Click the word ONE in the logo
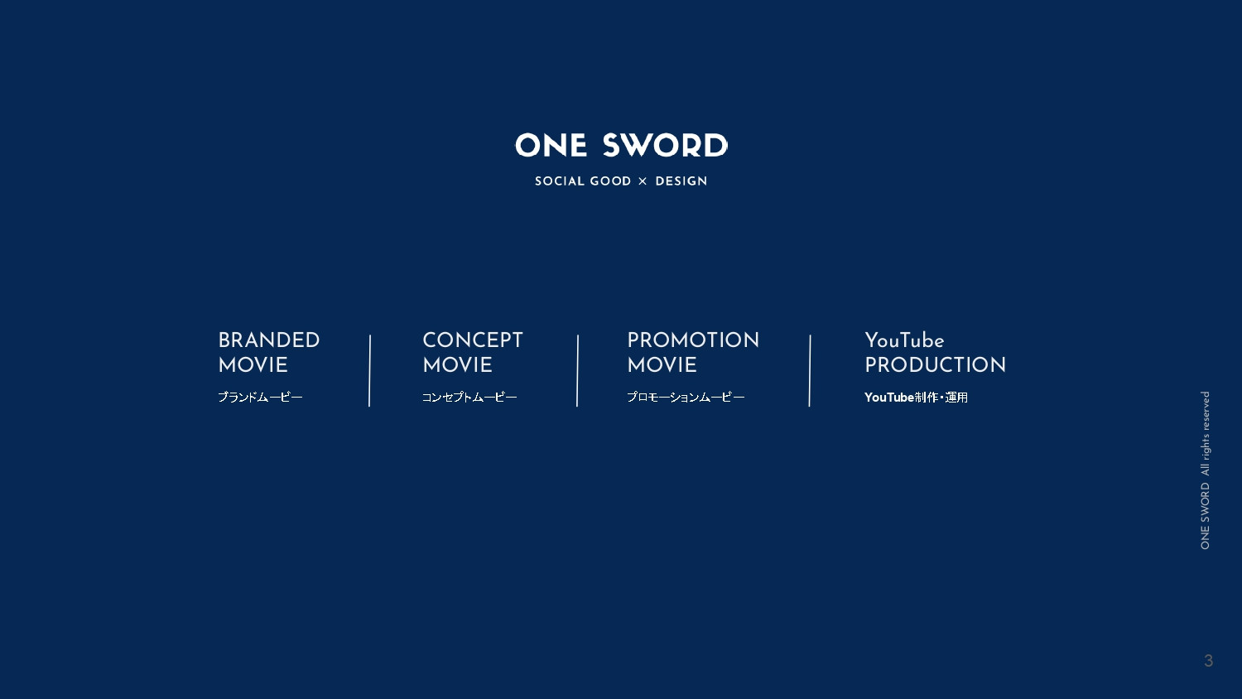pyautogui.click(x=551, y=146)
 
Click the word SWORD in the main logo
pyautogui.click(x=665, y=146)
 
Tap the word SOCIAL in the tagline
pyautogui.click(x=557, y=181)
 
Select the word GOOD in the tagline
pyautogui.click(x=610, y=181)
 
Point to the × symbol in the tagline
pyautogui.click(x=643, y=181)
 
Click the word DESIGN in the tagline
pyautogui.click(x=681, y=181)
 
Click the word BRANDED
pyautogui.click(x=269, y=340)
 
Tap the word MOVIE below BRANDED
pyautogui.click(x=253, y=365)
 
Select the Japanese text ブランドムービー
pyautogui.click(x=260, y=398)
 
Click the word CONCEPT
pyautogui.click(x=473, y=340)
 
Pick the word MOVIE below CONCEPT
pyautogui.click(x=458, y=365)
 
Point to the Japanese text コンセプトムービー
pyautogui.click(x=469, y=398)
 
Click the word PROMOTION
pyautogui.click(x=693, y=340)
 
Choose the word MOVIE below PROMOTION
pyautogui.click(x=662, y=365)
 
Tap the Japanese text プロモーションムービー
pyautogui.click(x=686, y=398)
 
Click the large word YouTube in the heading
pyautogui.click(x=904, y=340)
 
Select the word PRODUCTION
pyautogui.click(x=936, y=365)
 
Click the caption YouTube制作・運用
pyautogui.click(x=916, y=398)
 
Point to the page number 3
pyautogui.click(x=1209, y=661)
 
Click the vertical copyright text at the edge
pyautogui.click(x=1206, y=470)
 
